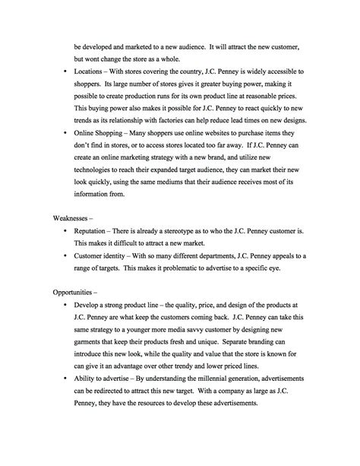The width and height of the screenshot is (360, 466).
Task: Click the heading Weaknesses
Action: (x=77, y=215)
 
